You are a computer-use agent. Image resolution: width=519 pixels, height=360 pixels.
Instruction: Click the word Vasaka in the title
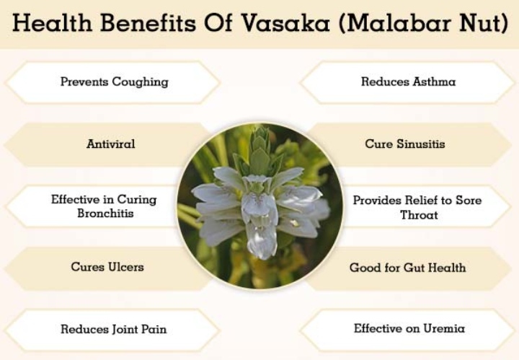tap(285, 23)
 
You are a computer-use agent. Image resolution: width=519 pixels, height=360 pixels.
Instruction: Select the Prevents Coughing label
tap(114, 82)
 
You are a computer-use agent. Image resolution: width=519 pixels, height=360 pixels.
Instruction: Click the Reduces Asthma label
tap(408, 82)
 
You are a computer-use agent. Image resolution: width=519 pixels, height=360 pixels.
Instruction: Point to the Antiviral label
tap(110, 144)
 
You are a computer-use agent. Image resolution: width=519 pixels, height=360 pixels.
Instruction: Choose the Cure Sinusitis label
tap(405, 144)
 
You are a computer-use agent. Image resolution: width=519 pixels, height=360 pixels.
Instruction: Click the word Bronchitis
tap(105, 213)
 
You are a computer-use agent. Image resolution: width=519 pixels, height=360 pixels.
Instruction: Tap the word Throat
tap(419, 215)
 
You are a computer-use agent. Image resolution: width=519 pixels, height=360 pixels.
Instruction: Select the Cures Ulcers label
tap(107, 267)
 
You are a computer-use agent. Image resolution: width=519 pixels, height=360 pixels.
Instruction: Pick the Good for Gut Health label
tap(407, 267)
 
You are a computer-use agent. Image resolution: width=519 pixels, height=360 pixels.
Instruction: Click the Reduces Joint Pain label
tap(114, 329)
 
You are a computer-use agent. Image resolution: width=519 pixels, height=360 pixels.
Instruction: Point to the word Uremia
tap(444, 328)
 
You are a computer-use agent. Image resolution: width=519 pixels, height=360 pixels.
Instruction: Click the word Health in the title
tap(52, 23)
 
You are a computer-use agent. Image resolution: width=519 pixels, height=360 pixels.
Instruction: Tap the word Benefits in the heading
tap(148, 23)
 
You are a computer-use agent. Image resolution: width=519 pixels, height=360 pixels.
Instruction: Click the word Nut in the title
tap(480, 23)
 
